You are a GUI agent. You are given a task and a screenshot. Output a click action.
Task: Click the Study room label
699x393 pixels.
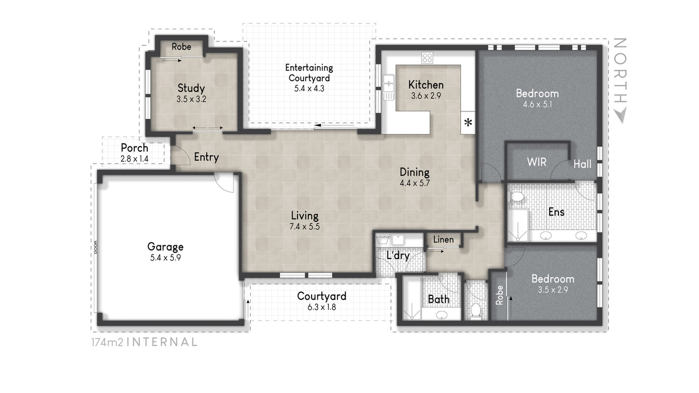point(191,88)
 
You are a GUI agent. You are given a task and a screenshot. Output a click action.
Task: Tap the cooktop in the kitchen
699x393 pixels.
point(427,57)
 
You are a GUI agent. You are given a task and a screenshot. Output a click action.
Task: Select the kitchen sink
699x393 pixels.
point(388,87)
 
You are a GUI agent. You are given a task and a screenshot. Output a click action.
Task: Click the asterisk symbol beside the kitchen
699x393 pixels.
point(468,122)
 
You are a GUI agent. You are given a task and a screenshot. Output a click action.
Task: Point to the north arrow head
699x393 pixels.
point(620,115)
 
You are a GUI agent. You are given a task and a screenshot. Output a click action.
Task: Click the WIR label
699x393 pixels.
point(537,162)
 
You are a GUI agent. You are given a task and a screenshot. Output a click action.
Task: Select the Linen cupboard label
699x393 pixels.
point(443,240)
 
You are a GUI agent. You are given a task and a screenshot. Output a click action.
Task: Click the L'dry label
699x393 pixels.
point(398,255)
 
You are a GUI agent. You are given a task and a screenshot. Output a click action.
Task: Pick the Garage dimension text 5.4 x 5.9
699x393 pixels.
point(165,258)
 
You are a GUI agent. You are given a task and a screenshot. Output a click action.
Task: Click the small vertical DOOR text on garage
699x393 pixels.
point(95,247)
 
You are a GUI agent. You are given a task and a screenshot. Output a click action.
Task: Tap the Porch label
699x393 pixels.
point(135,148)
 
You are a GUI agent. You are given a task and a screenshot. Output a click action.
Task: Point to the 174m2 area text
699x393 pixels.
point(107,342)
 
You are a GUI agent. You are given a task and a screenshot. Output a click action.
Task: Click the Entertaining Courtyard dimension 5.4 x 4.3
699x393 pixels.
point(309,89)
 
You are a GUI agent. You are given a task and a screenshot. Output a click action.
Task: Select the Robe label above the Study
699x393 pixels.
point(181,47)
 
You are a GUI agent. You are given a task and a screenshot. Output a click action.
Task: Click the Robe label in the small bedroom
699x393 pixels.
point(500,295)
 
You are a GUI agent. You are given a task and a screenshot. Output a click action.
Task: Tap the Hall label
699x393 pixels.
point(582,164)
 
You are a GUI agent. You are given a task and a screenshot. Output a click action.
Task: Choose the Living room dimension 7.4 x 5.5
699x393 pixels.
point(305,227)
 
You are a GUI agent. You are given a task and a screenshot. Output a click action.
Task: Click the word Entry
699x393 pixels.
point(206,157)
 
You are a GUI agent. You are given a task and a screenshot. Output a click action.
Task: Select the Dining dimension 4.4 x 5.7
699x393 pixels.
point(415,183)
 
